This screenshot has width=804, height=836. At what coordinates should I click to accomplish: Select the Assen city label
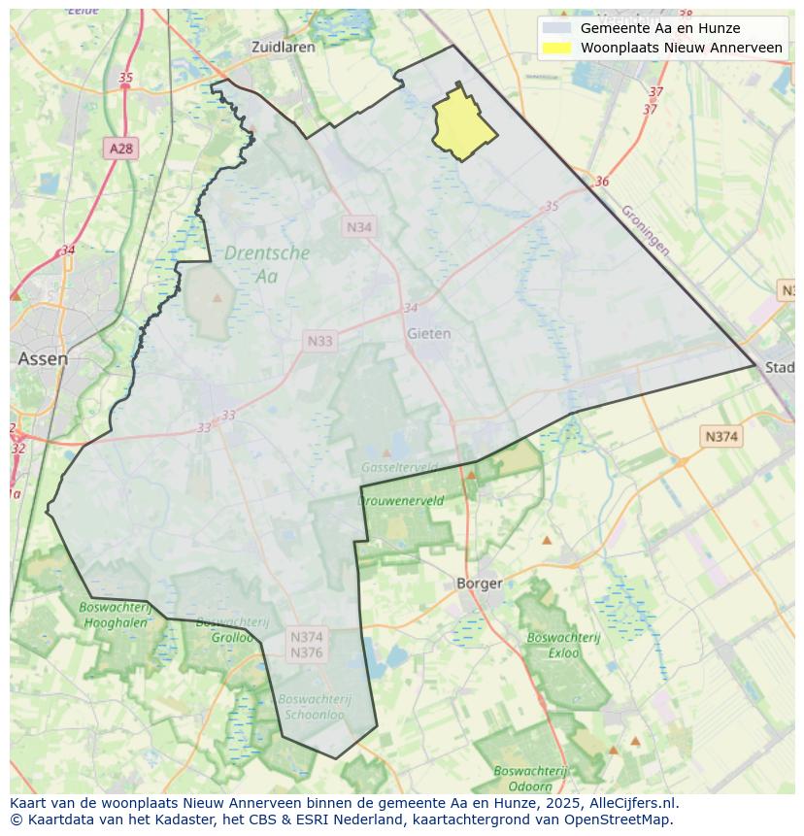coord(43,358)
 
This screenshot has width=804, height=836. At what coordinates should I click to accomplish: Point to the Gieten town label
coord(428,333)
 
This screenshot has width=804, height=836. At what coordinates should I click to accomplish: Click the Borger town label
coord(480,584)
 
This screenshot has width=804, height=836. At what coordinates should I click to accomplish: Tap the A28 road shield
coord(121,149)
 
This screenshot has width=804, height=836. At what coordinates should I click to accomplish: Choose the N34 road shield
coord(360,226)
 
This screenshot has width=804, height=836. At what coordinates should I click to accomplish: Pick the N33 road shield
coord(319,341)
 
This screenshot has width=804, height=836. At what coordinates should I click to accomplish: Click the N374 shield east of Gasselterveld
coord(720,437)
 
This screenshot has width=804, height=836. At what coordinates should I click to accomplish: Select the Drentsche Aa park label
coord(266,263)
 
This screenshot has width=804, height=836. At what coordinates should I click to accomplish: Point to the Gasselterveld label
coord(398,467)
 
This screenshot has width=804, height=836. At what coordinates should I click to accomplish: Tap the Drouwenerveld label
coord(401,501)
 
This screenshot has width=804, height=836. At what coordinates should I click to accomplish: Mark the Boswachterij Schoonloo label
coord(315,706)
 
